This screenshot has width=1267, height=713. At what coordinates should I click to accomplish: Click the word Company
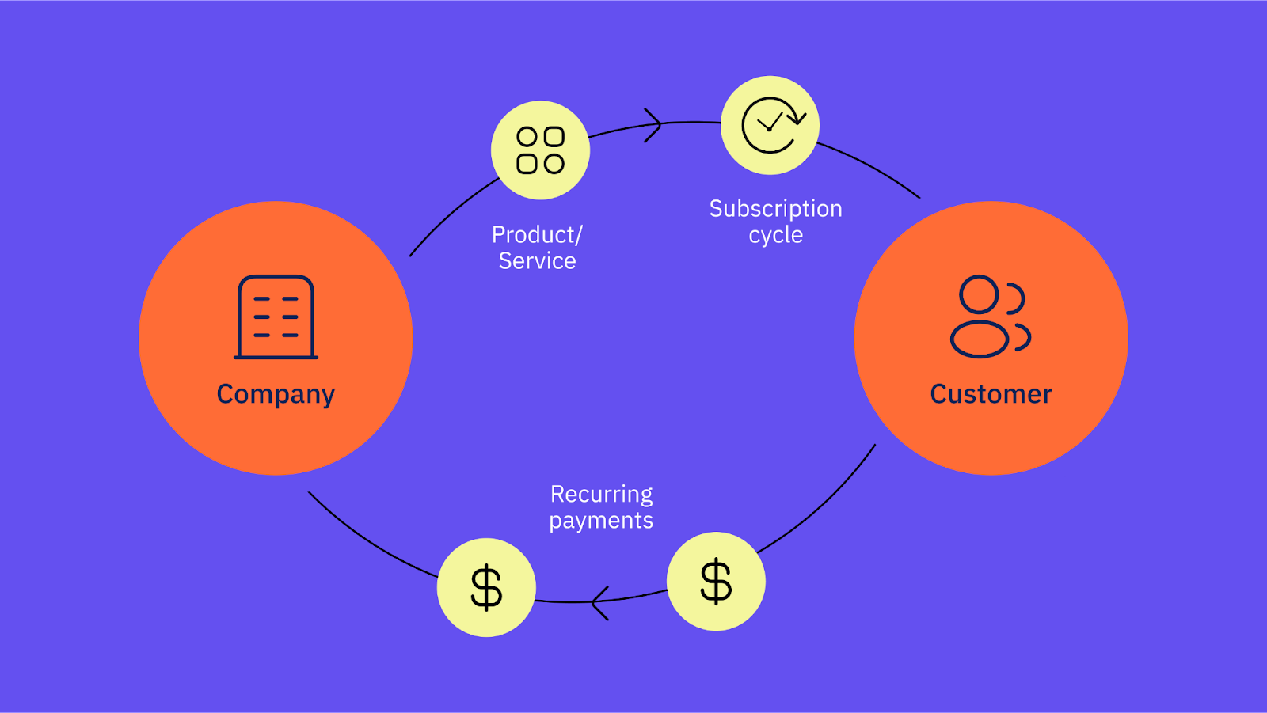tap(276, 395)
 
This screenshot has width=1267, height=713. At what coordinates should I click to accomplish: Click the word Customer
tap(991, 394)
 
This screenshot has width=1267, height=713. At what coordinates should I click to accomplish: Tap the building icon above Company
tap(276, 317)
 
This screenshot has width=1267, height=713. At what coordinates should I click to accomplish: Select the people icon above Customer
tap(991, 317)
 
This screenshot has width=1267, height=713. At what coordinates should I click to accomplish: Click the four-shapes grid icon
tap(540, 150)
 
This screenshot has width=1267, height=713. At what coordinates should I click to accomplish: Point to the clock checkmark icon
tap(773, 125)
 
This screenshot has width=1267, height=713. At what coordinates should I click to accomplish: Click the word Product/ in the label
tap(537, 235)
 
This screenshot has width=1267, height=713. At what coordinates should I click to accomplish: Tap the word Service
tap(537, 261)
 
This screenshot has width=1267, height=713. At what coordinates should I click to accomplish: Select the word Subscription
tap(775, 209)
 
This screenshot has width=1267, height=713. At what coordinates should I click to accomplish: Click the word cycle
tap(775, 235)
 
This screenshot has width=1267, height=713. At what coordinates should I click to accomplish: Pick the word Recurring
tap(601, 495)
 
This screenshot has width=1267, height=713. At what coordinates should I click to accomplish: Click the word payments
tap(601, 521)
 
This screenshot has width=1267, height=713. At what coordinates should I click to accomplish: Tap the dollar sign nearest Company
tap(486, 588)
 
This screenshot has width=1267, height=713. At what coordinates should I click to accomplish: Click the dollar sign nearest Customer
tap(716, 582)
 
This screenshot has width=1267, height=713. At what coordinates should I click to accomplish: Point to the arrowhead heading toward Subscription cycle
tap(653, 125)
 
